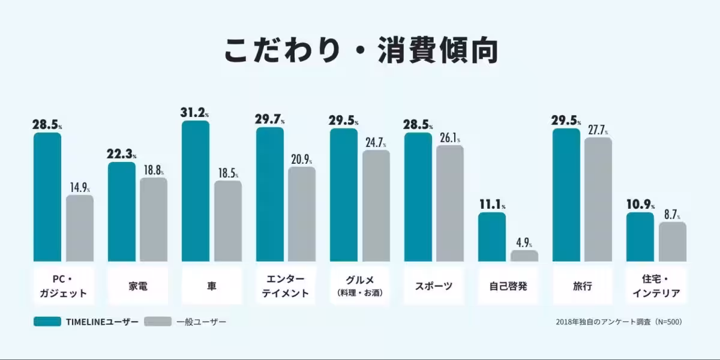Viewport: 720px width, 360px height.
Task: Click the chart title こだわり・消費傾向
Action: (x=361, y=51)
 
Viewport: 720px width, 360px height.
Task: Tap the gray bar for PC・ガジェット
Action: (x=80, y=228)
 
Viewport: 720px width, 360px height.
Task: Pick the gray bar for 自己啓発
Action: (x=524, y=256)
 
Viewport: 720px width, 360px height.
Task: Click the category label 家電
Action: (x=137, y=286)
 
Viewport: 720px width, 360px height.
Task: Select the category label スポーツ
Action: (x=434, y=286)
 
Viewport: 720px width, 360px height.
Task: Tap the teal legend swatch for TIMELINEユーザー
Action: (x=47, y=322)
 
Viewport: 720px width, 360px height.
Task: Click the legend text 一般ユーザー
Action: (x=202, y=322)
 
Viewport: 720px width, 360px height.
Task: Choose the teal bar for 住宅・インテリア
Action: (x=640, y=237)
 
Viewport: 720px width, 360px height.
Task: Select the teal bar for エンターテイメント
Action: (x=270, y=194)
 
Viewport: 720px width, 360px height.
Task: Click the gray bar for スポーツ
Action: (x=450, y=203)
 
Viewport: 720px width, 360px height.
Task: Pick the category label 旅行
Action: (x=583, y=286)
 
